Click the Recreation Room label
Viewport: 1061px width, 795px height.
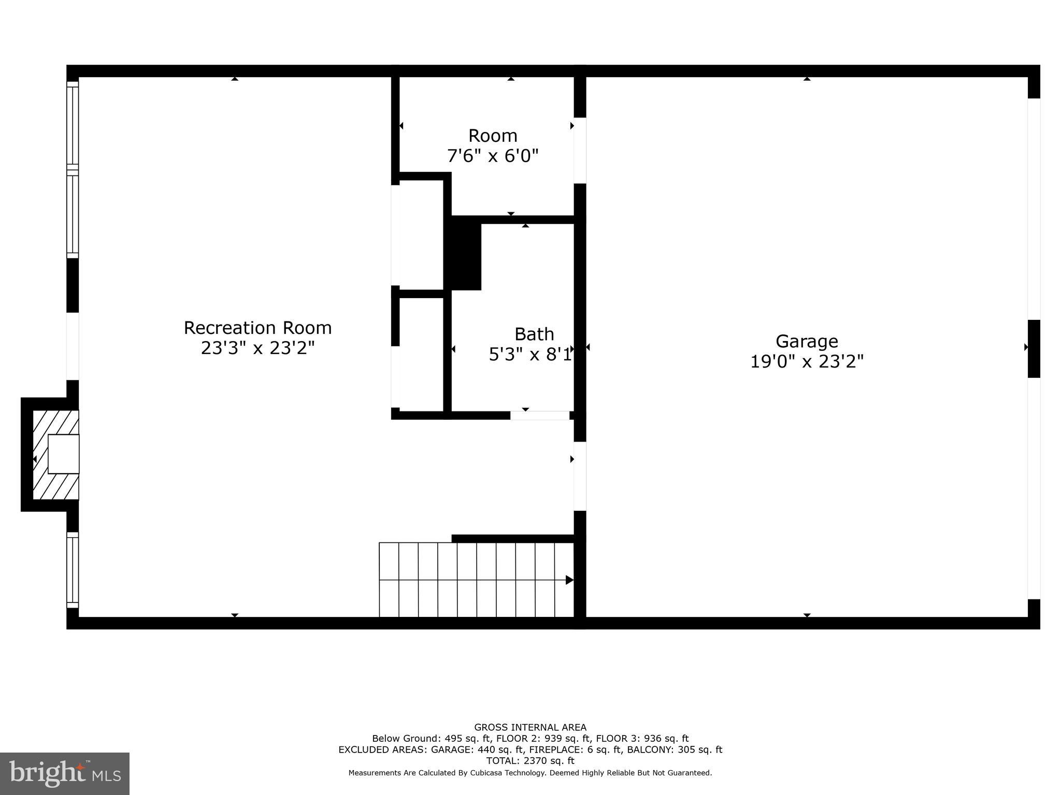point(257,328)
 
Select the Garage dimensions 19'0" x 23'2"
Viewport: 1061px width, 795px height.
point(807,361)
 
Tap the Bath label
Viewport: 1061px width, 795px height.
point(534,334)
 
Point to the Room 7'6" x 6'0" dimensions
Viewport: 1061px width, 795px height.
point(493,155)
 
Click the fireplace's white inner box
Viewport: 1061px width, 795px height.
point(63,454)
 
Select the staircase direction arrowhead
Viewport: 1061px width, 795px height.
point(569,580)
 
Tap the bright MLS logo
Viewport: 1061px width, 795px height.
point(64,773)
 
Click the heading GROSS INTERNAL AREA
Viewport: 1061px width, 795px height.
point(530,727)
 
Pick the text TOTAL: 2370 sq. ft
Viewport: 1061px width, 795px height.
point(530,761)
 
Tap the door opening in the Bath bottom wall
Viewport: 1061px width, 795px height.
point(540,415)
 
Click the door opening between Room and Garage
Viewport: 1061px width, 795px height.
point(580,150)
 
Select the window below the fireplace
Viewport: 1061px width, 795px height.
point(73,570)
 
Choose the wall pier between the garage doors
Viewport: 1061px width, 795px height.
point(1034,348)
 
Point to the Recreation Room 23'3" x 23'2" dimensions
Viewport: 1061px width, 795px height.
point(257,348)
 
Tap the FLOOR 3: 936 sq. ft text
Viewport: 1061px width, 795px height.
point(642,739)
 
